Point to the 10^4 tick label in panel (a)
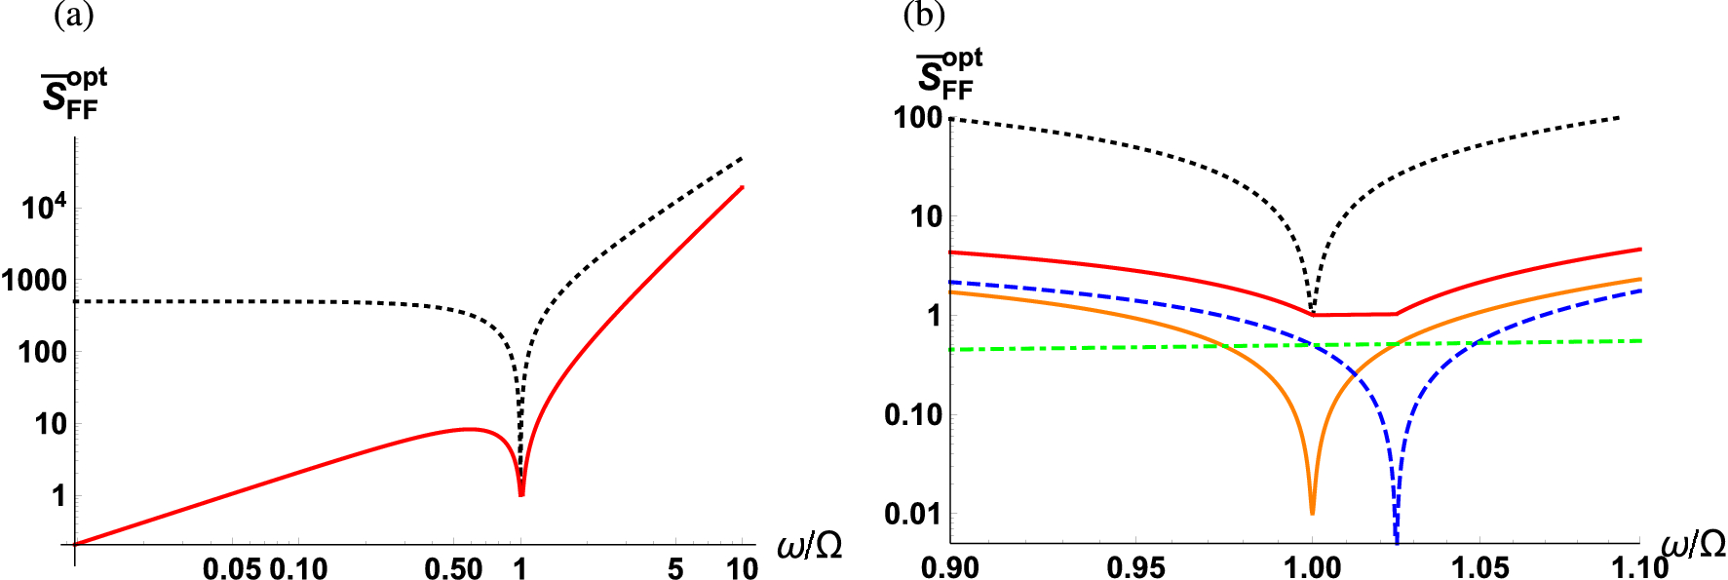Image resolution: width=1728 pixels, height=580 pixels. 45,206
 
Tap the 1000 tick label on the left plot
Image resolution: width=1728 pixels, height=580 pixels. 34,281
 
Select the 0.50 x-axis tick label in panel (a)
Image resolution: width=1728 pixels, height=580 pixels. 453,568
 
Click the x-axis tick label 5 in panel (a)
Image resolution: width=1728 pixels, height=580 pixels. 675,568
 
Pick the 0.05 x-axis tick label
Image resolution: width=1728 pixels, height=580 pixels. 232,568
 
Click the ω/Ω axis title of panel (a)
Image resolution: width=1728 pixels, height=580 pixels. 809,545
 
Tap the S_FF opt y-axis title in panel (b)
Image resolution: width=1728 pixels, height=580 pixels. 948,74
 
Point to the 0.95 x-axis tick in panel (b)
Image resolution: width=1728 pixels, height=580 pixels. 1136,566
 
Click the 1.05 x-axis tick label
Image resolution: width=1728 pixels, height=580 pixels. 1480,566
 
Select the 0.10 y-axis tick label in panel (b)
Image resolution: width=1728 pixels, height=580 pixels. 913,414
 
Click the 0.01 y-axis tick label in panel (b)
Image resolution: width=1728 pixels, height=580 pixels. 913,513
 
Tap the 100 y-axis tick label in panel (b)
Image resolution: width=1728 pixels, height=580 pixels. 918,118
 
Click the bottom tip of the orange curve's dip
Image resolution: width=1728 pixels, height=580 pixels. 1313,512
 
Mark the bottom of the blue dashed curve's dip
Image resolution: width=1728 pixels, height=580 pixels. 1397,540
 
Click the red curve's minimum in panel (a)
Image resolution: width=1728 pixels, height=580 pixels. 521,494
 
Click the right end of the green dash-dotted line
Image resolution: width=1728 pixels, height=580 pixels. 1640,341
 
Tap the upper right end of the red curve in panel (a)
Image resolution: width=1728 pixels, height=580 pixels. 743,187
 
